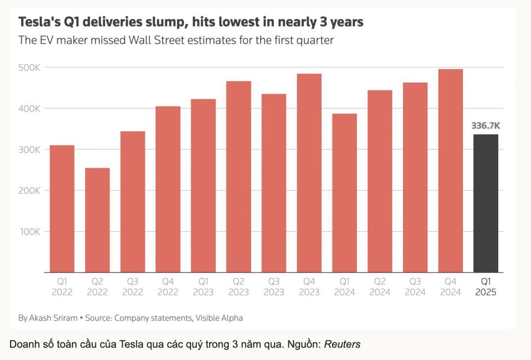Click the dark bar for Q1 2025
tap(486, 203)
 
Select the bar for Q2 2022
tap(97, 220)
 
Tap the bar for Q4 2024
tap(450, 171)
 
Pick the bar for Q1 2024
tap(344, 193)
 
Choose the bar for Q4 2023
tap(309, 173)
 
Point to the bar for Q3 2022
tap(133, 202)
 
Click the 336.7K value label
tap(486, 126)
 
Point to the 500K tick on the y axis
tap(29, 68)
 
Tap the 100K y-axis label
tap(30, 232)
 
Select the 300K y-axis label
tap(29, 150)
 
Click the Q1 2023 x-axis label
tap(203, 287)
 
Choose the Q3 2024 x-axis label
tap(415, 287)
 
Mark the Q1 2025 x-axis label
tap(486, 287)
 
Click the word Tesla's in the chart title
tap(39, 22)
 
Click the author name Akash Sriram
tap(53, 318)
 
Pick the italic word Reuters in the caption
tap(342, 345)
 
